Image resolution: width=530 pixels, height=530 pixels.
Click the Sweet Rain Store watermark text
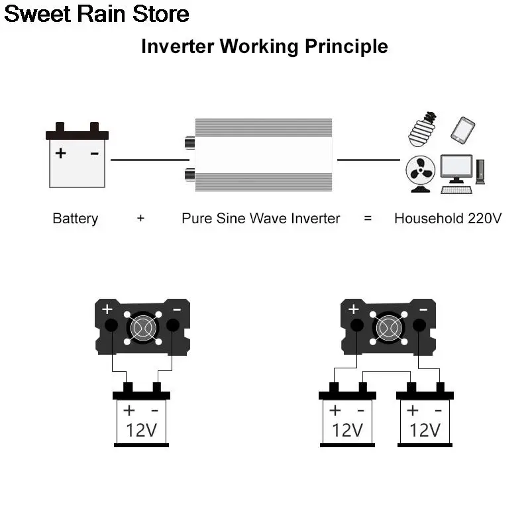[97, 14]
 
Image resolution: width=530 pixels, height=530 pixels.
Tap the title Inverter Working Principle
[264, 46]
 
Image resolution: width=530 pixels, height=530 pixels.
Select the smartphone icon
[463, 130]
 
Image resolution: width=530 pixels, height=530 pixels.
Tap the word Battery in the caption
[75, 219]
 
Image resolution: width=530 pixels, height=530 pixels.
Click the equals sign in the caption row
[368, 219]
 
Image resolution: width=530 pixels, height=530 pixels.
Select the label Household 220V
[448, 219]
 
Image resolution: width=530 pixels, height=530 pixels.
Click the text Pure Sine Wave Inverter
[260, 219]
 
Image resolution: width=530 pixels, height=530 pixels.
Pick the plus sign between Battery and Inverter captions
[140, 219]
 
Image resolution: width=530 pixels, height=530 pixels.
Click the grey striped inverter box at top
[263, 154]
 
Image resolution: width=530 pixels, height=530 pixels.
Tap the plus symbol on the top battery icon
[61, 153]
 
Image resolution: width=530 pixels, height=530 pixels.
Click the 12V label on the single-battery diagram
[141, 430]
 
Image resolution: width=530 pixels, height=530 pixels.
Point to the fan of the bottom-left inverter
[142, 327]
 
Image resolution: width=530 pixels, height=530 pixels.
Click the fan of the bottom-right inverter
[388, 327]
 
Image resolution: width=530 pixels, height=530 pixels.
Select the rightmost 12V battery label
[425, 430]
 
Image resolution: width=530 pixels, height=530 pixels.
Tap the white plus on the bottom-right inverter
[354, 309]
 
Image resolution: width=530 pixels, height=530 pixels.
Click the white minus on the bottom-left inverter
[177, 309]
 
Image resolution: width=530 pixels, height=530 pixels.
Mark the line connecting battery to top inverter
[149, 160]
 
